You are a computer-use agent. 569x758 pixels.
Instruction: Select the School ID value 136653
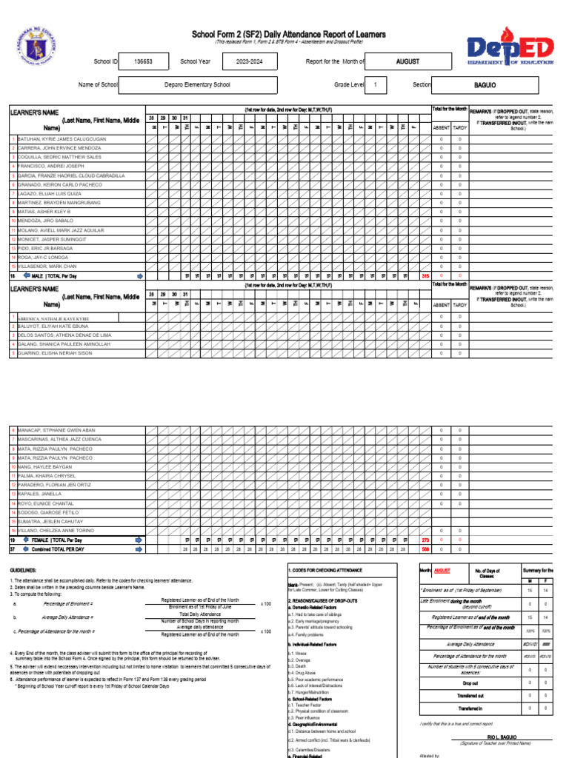(143, 62)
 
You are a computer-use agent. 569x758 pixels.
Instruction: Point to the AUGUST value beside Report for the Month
(407, 62)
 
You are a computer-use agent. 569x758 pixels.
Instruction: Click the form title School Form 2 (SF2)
(288, 34)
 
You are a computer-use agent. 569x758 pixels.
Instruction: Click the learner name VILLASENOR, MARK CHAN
(47, 266)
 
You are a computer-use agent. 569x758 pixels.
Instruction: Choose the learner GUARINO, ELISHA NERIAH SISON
(55, 353)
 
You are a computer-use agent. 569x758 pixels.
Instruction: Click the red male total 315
(425, 276)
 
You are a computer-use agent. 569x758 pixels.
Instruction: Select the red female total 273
(425, 540)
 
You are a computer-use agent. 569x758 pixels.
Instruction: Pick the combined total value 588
(425, 549)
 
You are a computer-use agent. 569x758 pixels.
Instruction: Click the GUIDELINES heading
(23, 571)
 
